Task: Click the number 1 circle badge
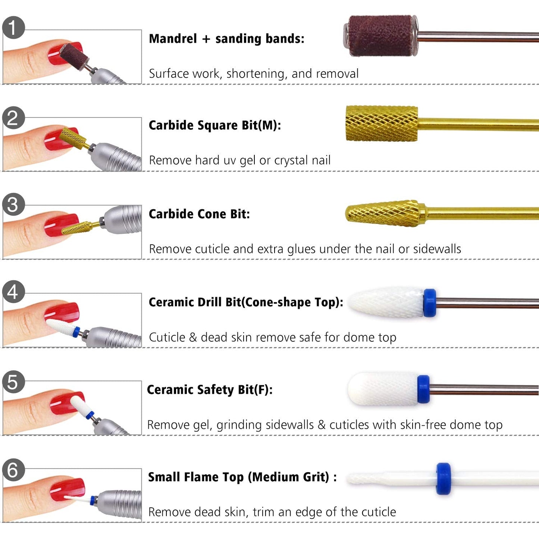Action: click(13, 28)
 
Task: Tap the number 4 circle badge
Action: click(13, 292)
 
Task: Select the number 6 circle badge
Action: click(13, 470)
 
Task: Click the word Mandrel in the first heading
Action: click(173, 39)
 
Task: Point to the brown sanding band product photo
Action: click(380, 36)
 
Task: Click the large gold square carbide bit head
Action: click(382, 124)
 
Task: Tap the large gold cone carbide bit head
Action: click(384, 213)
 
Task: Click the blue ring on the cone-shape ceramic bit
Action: click(430, 303)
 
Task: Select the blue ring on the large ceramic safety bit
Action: click(423, 389)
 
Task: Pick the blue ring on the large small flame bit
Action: click(444, 479)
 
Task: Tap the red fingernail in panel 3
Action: click(60, 225)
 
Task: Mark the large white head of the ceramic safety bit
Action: click(382, 389)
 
